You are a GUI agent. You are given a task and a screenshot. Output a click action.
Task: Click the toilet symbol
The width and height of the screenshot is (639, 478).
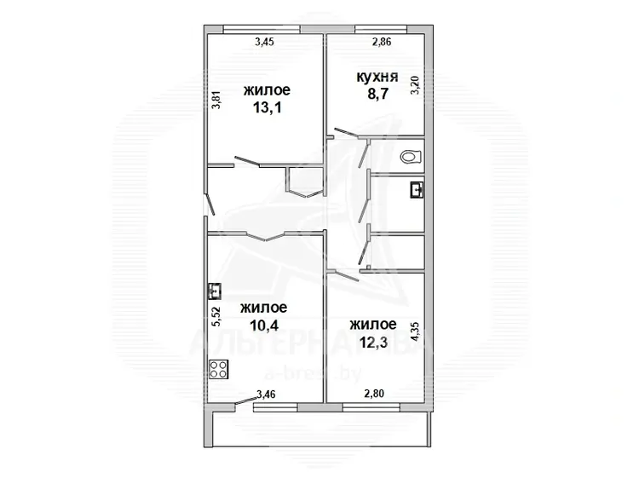pyautogui.click(x=410, y=157)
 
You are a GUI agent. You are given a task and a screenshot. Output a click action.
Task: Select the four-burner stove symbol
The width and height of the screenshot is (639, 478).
pyautogui.click(x=218, y=370)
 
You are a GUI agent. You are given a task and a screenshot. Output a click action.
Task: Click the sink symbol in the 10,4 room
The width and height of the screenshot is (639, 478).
pyautogui.click(x=215, y=291)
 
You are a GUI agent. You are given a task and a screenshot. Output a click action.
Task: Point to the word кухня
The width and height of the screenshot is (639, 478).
pyautogui.click(x=377, y=77)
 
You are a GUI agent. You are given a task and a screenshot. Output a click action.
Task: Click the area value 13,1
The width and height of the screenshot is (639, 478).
pyautogui.click(x=268, y=108)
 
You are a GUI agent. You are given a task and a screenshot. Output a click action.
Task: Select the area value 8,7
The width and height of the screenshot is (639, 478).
pyautogui.click(x=378, y=94)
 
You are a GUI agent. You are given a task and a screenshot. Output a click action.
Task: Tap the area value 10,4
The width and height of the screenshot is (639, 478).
pyautogui.click(x=264, y=325)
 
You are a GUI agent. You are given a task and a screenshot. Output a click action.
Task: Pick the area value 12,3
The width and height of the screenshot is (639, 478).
pyautogui.click(x=373, y=343)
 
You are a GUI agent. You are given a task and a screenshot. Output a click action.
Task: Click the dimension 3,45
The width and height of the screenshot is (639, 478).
pyautogui.click(x=264, y=42)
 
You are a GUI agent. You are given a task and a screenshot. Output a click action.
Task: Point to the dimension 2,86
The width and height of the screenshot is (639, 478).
pyautogui.click(x=382, y=42)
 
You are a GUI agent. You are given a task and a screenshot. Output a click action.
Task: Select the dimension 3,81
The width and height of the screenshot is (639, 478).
pyautogui.click(x=216, y=99)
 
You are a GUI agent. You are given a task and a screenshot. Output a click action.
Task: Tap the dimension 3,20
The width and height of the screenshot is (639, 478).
pyautogui.click(x=415, y=84)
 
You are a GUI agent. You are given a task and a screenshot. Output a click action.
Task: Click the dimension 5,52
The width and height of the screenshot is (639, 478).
pyautogui.click(x=216, y=316)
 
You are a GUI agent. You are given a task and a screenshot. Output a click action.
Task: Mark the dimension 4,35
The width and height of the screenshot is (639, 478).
pyautogui.click(x=415, y=332)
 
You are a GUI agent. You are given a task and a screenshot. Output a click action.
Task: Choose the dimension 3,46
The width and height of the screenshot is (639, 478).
pyautogui.click(x=266, y=394)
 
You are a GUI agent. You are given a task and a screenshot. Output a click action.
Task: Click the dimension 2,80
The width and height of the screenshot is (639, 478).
pyautogui.click(x=374, y=394)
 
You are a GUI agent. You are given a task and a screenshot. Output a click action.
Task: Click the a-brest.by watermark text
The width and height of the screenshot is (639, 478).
pyautogui.click(x=313, y=375)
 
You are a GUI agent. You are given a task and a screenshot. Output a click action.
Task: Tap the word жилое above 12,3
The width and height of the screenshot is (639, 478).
pyautogui.click(x=373, y=325)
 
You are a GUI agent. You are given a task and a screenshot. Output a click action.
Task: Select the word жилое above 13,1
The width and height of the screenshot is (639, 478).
pyautogui.click(x=267, y=89)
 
